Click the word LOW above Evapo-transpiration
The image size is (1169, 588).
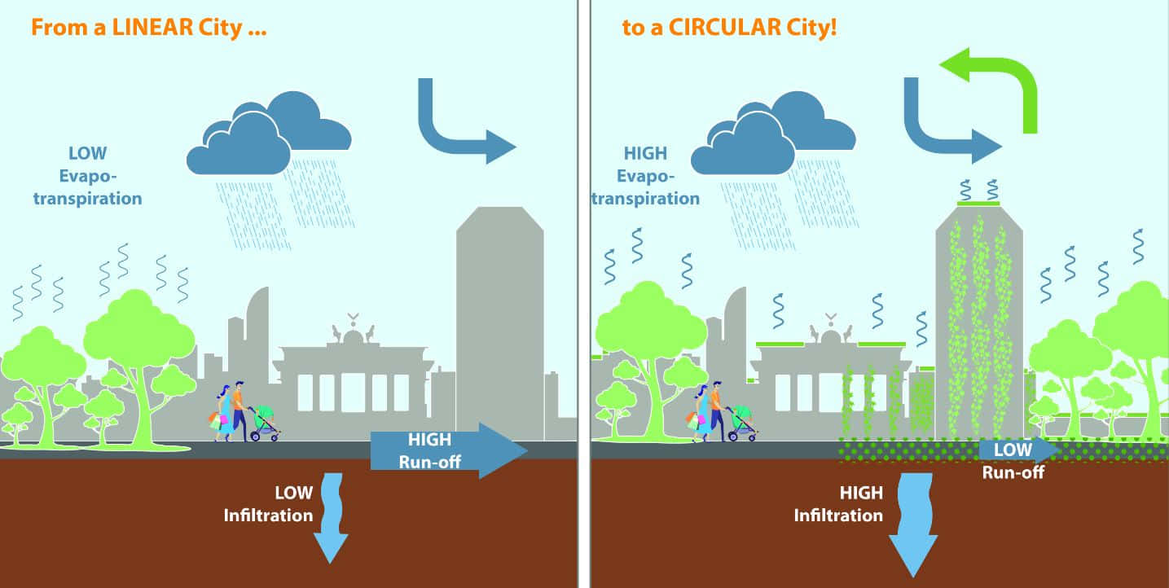87,153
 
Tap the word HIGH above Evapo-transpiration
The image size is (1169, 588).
645,153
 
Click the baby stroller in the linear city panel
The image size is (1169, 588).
264,423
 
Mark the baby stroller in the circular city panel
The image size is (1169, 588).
742,423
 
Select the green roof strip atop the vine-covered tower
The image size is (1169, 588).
978,204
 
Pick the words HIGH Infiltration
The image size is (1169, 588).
838,504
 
